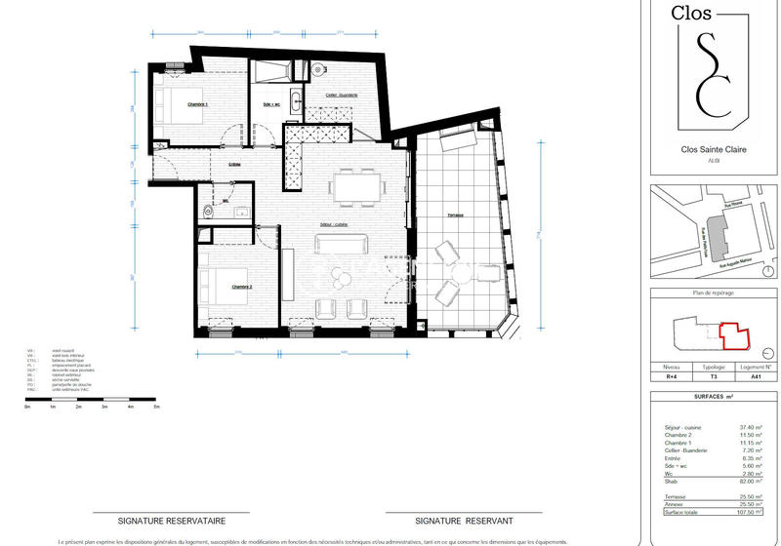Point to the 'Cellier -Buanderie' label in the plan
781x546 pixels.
[x=335, y=96]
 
